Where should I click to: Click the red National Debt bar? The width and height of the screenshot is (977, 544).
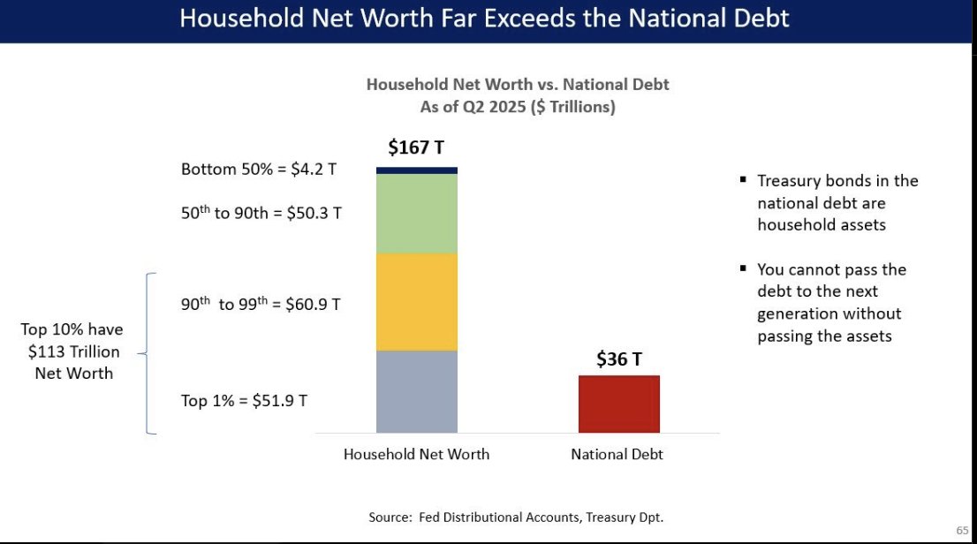619,404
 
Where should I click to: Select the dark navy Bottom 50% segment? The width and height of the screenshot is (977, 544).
416,170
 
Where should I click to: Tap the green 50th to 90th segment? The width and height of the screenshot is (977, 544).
416,214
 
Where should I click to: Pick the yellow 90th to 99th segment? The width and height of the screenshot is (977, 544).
416,302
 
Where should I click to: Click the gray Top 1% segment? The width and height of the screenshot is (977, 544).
416,391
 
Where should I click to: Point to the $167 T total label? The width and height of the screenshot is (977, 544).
416,147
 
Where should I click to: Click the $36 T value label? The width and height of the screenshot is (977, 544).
619,359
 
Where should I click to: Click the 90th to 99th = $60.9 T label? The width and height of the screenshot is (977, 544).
261,304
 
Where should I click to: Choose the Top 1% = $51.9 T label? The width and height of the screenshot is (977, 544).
244,401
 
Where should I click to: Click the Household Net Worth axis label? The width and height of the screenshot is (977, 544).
416,455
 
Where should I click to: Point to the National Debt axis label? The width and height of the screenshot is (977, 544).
617,455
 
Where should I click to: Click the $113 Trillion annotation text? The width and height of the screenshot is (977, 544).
72,351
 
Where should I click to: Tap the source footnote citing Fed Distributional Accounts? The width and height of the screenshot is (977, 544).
515,517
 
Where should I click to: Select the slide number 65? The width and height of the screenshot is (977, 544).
962,530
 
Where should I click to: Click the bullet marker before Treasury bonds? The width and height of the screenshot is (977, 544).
743,181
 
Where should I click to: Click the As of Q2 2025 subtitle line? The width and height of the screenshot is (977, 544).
518,107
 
